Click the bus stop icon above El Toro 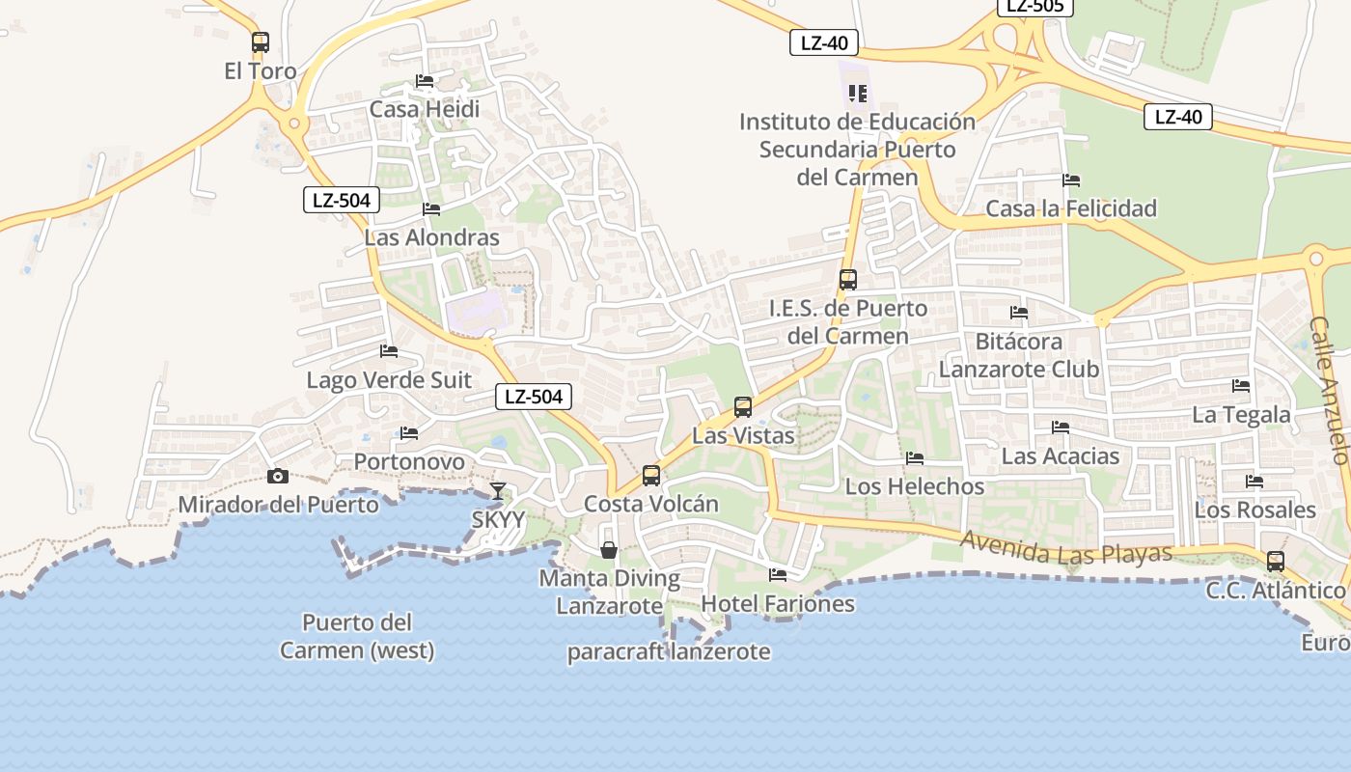[x=260, y=42]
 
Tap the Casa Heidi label [x=425, y=109]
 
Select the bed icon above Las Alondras [x=431, y=208]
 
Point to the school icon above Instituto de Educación [x=857, y=94]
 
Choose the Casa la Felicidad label [x=1070, y=208]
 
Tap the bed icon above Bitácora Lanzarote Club [x=1018, y=313]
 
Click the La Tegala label [x=1241, y=415]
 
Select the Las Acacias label [x=1060, y=455]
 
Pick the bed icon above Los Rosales [x=1254, y=481]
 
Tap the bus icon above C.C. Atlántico [x=1276, y=562]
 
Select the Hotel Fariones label [x=778, y=604]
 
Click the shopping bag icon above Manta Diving [x=609, y=550]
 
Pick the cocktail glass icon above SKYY [x=497, y=491]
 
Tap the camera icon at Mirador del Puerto [x=278, y=476]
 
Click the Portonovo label [x=409, y=461]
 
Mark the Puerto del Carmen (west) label [x=357, y=636]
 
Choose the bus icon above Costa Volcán [x=651, y=476]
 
